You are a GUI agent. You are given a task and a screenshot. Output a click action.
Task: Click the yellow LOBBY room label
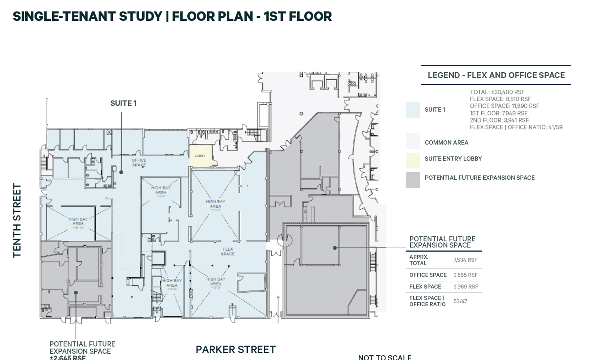click(200, 156)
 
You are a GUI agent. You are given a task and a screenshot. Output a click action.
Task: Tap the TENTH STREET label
click(17, 220)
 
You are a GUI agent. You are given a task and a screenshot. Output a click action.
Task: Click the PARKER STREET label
click(235, 350)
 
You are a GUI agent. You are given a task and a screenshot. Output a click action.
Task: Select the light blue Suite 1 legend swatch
click(412, 110)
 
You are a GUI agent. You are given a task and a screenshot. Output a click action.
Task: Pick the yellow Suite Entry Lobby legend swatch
click(412, 160)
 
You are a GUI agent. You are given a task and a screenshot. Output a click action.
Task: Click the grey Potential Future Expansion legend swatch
click(412, 180)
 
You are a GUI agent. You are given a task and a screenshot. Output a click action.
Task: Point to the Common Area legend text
click(446, 143)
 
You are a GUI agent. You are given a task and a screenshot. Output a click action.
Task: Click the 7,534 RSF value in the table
click(465, 260)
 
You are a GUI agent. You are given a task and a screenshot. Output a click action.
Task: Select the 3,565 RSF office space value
click(465, 275)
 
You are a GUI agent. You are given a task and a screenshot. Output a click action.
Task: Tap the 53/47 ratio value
click(460, 301)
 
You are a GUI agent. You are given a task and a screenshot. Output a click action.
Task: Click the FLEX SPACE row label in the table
click(425, 287)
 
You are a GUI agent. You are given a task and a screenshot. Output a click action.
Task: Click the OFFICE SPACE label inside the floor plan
click(139, 162)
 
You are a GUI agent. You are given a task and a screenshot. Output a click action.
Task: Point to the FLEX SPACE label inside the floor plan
click(228, 252)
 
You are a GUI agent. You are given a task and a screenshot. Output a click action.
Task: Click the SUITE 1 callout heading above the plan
click(123, 103)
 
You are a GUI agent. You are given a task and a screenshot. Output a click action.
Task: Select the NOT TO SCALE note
click(384, 357)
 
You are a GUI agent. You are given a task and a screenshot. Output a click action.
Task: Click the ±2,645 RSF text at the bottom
click(67, 358)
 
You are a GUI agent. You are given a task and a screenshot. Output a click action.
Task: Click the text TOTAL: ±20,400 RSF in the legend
click(497, 92)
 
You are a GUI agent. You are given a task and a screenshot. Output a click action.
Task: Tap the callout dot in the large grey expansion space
click(335, 248)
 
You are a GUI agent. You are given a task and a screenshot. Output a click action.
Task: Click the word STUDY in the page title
click(140, 16)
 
